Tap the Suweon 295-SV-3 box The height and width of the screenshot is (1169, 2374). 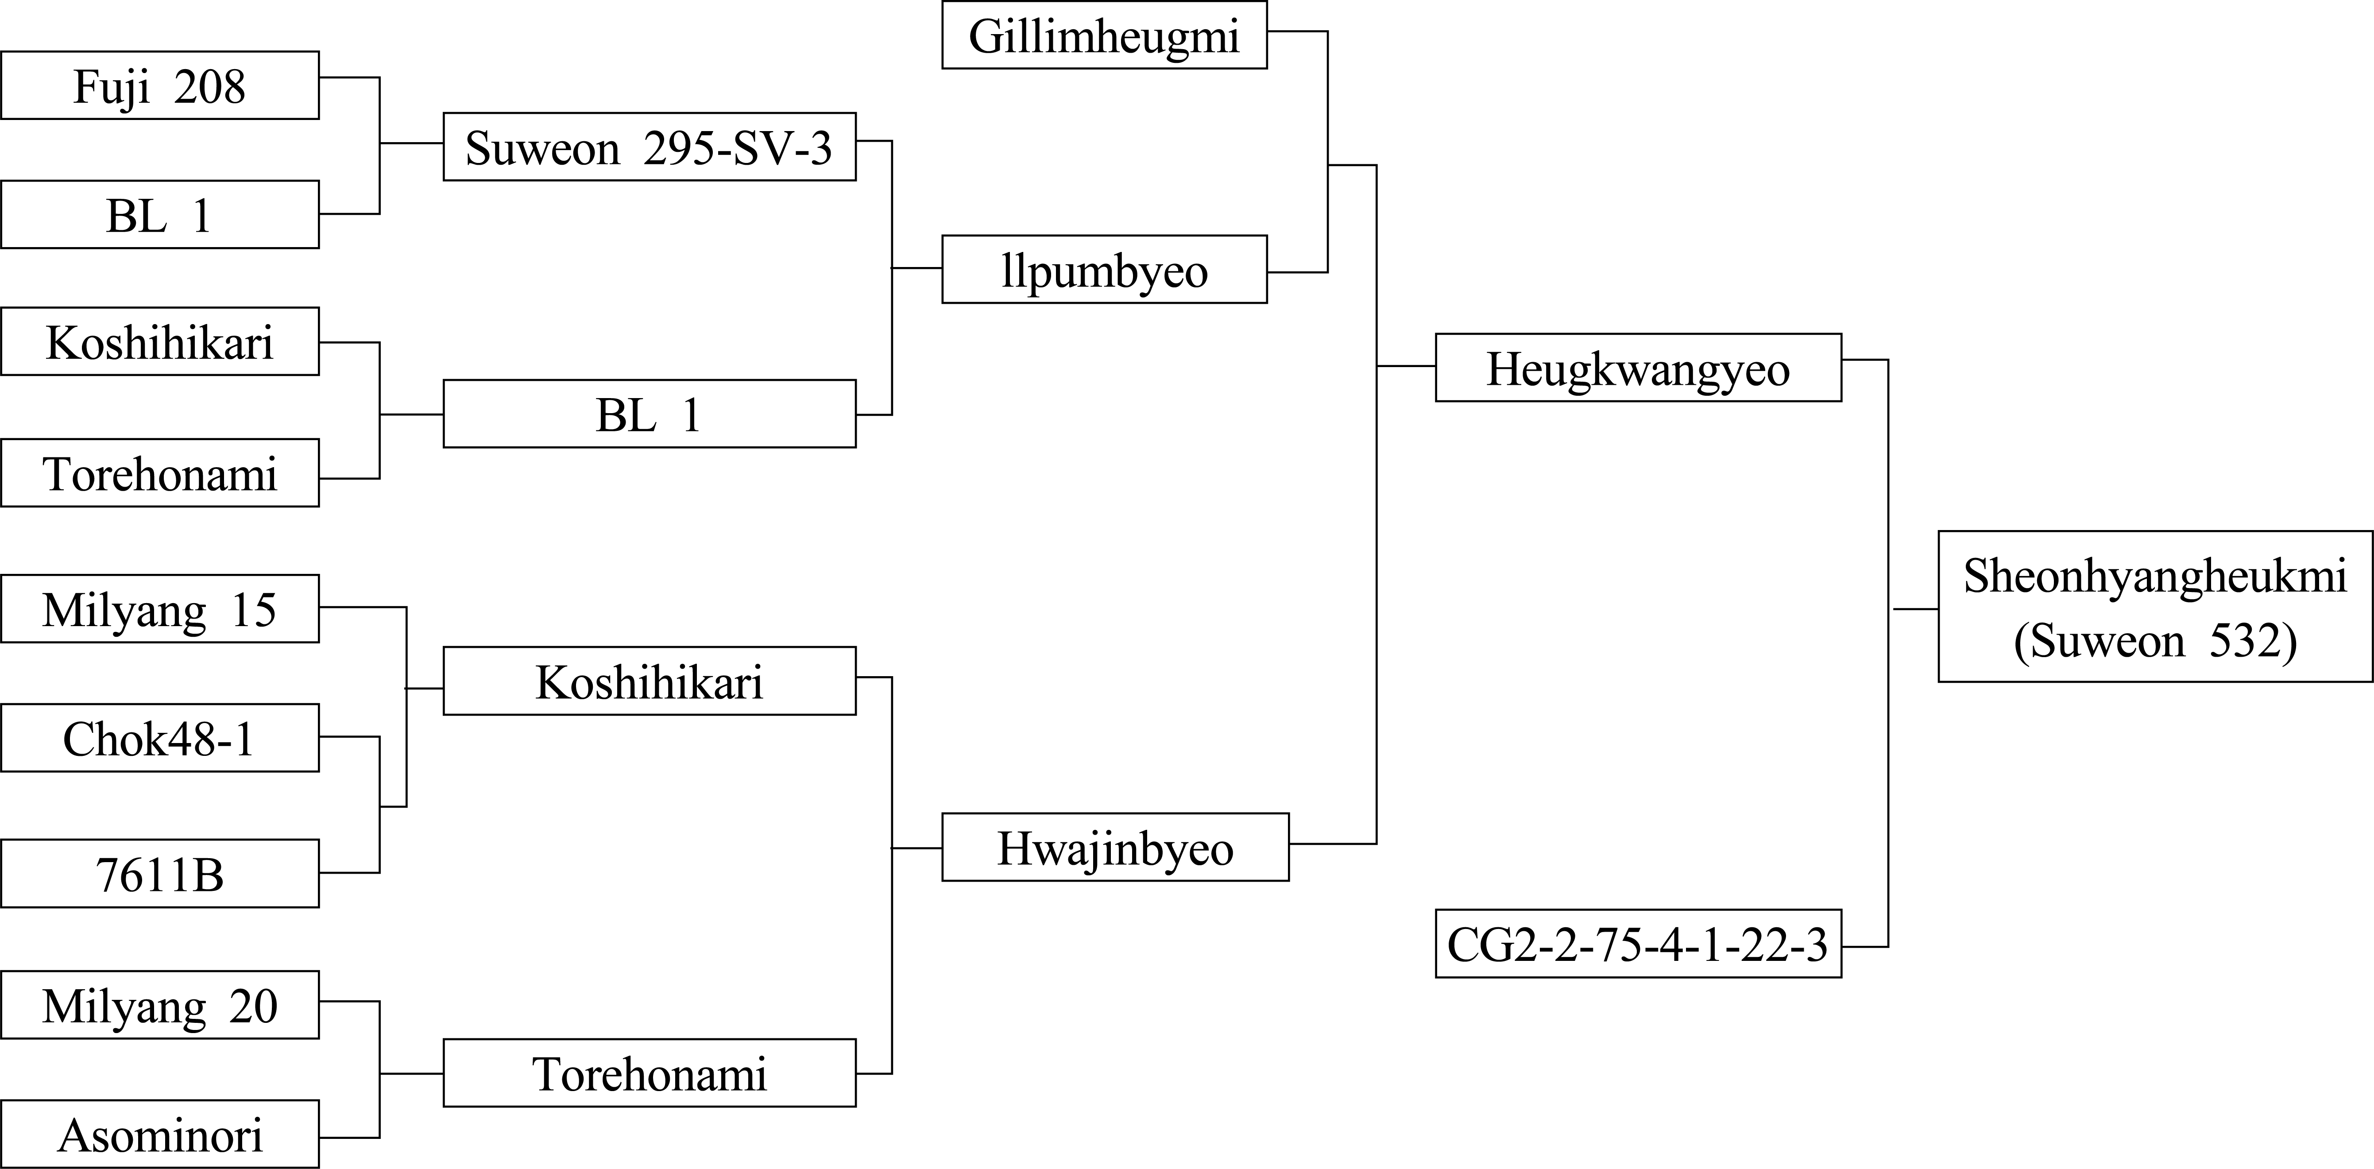click(x=650, y=147)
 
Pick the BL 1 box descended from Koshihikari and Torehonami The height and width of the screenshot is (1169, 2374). click(x=650, y=414)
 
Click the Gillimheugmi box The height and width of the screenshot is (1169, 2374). click(x=1104, y=35)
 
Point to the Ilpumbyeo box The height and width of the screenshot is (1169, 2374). click(x=1104, y=269)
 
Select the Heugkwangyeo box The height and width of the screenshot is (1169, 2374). click(x=1639, y=368)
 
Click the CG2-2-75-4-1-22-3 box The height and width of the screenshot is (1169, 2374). click(x=1639, y=944)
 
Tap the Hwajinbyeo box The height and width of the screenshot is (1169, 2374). click(x=1115, y=847)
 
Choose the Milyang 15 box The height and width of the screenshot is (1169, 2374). click(x=159, y=608)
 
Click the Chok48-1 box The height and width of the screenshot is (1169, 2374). click(x=159, y=738)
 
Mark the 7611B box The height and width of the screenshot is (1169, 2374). click(x=159, y=873)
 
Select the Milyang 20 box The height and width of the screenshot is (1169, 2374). click(x=159, y=1005)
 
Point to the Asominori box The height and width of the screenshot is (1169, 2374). click(x=159, y=1134)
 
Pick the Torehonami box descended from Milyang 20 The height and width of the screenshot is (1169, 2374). click(x=650, y=1073)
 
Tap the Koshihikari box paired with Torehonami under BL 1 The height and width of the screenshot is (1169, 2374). click(x=159, y=341)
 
